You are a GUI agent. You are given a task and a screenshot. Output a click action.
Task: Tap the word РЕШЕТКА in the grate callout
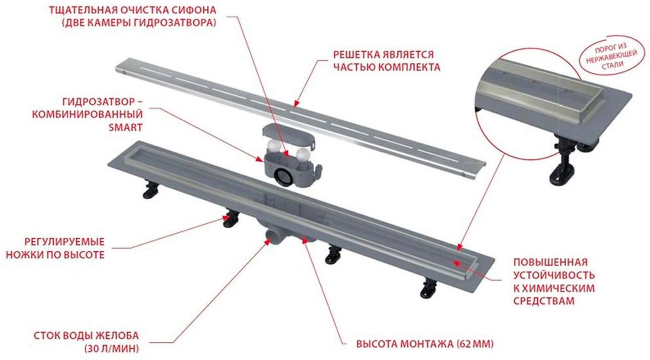(x=356, y=55)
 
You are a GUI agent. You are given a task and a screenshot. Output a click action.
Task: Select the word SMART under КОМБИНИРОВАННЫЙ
(x=125, y=127)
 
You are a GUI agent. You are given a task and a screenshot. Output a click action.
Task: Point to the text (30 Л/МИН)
(x=112, y=348)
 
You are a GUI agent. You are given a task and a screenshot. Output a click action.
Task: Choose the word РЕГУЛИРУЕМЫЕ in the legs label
(x=64, y=242)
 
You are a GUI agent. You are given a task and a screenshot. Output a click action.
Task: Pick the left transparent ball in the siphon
(x=274, y=146)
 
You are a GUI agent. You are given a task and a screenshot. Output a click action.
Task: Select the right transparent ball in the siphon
(x=303, y=155)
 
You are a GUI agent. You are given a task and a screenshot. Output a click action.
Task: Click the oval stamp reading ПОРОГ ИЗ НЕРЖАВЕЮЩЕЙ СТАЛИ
(x=611, y=56)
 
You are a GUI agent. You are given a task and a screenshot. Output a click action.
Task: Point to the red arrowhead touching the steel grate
(x=296, y=104)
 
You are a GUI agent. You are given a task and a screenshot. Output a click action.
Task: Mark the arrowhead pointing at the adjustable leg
(x=225, y=217)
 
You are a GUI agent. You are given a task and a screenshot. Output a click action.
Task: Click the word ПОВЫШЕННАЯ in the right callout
(x=550, y=262)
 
